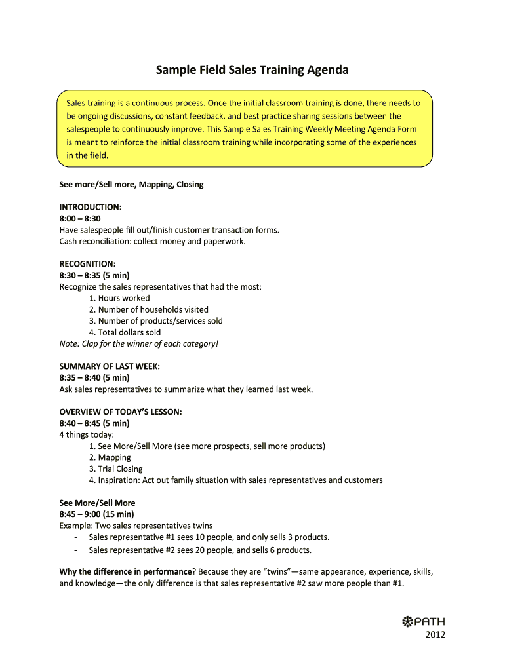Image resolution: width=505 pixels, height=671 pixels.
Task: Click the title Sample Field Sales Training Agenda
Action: [x=252, y=69]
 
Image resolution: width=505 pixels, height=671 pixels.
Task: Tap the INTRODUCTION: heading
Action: [x=91, y=207]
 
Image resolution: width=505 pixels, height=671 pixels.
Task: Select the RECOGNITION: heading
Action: [x=87, y=264]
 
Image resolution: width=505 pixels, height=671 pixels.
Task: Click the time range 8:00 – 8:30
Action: [x=80, y=218]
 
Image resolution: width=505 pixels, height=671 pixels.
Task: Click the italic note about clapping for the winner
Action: [x=138, y=343]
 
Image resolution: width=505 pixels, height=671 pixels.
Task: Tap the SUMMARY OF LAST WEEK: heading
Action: [x=110, y=366]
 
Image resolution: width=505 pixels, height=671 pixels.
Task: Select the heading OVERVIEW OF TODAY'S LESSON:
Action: [x=121, y=412]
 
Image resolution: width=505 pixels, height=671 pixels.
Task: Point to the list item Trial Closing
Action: [x=120, y=469]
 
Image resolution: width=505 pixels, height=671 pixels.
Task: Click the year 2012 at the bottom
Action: [x=435, y=634]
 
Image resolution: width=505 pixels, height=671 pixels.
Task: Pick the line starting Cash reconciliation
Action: [x=152, y=241]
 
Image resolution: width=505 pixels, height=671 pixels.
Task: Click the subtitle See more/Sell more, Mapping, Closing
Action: [x=131, y=184]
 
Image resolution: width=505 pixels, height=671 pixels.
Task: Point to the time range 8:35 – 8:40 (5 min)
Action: [x=94, y=378]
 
